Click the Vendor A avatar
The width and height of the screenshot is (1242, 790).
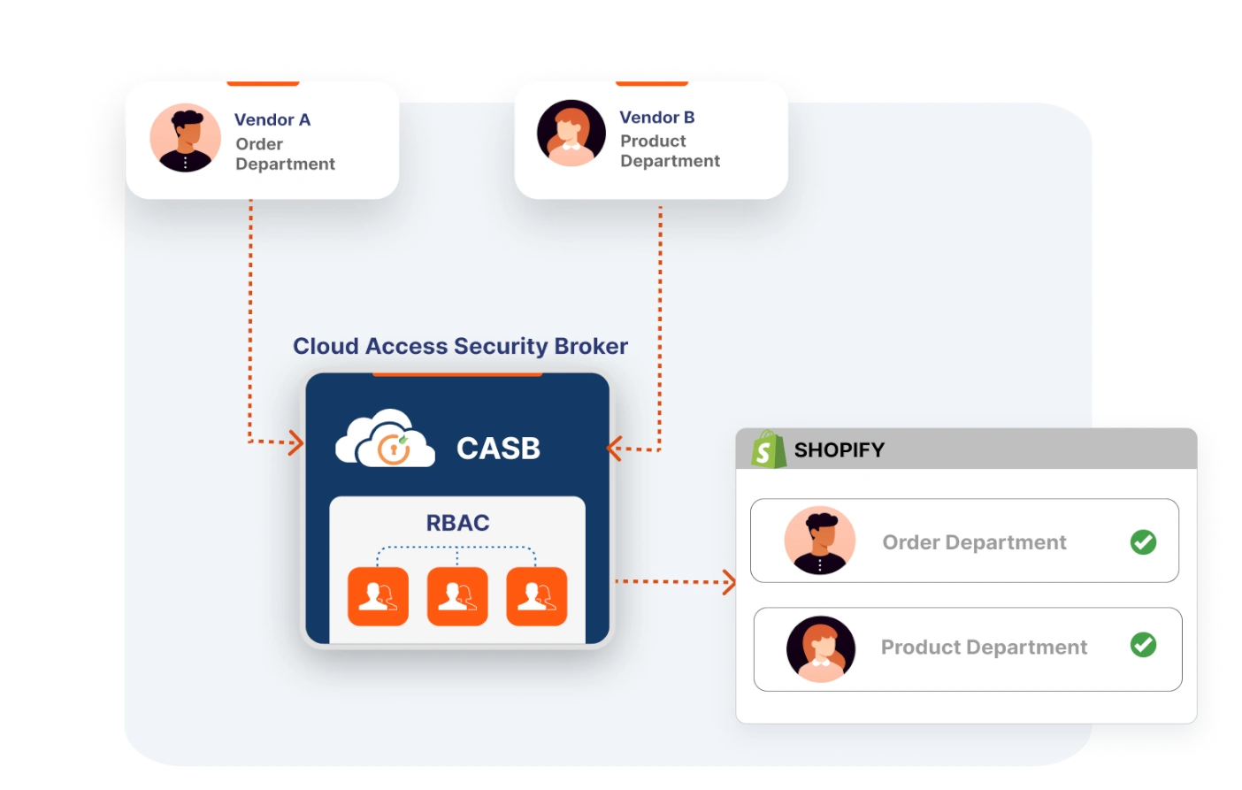click(185, 138)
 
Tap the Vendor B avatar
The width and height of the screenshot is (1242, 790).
click(571, 134)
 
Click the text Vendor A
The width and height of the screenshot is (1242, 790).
click(272, 119)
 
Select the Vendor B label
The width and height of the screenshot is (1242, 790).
click(656, 117)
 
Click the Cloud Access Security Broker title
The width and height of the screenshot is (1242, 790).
click(460, 346)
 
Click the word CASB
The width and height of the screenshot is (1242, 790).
click(498, 449)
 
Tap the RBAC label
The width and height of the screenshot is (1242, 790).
click(457, 523)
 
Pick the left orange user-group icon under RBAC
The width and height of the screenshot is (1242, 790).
click(378, 596)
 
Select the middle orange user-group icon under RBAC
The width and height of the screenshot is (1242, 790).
click(457, 596)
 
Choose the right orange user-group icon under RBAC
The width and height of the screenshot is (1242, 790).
click(536, 596)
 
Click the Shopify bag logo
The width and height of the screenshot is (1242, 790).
click(767, 449)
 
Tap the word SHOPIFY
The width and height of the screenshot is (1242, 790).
click(839, 450)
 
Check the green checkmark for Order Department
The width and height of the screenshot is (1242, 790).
click(1143, 541)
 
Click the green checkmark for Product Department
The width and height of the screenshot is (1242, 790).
click(1143, 645)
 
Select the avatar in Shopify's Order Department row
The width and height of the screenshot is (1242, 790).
click(819, 541)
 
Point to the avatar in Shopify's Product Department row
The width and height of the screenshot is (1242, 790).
click(821, 649)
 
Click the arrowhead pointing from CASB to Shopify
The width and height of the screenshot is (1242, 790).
click(730, 582)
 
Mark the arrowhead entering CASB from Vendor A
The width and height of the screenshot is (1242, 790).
click(297, 442)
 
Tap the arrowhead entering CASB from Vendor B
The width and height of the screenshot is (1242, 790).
click(614, 449)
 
